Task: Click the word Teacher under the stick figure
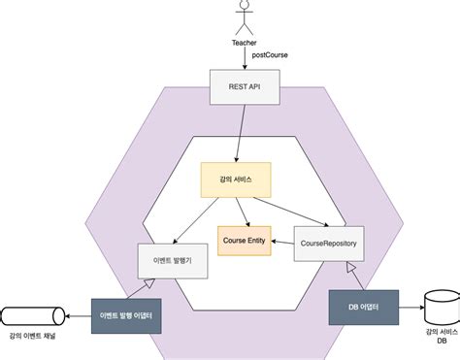[x=245, y=43]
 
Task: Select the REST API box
[x=245, y=88]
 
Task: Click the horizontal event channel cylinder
[x=34, y=315]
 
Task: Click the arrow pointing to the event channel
[x=80, y=315]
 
